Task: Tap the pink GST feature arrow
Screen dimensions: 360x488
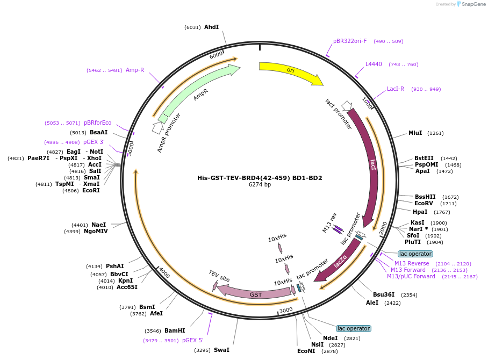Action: point(255,293)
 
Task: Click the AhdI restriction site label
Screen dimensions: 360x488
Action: point(211,27)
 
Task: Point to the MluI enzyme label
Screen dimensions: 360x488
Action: point(415,133)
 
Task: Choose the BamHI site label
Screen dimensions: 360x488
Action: point(175,331)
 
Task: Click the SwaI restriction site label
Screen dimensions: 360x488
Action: point(221,350)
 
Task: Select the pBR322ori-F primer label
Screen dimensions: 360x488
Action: point(350,41)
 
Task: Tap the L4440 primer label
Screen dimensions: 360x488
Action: point(374,64)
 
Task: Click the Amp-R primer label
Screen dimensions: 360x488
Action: point(135,70)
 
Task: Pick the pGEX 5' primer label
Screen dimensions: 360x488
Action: point(193,340)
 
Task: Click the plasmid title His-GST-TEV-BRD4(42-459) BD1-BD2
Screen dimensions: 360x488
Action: point(260,178)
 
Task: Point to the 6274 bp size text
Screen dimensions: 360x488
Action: point(260,185)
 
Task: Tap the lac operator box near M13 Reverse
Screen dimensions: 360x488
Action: point(415,254)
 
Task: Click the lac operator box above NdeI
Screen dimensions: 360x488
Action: point(354,328)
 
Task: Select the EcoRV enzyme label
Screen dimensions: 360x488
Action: point(424,204)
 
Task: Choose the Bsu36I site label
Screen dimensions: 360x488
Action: point(384,294)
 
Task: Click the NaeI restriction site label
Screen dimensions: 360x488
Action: point(98,225)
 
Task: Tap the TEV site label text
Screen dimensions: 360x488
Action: point(219,276)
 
